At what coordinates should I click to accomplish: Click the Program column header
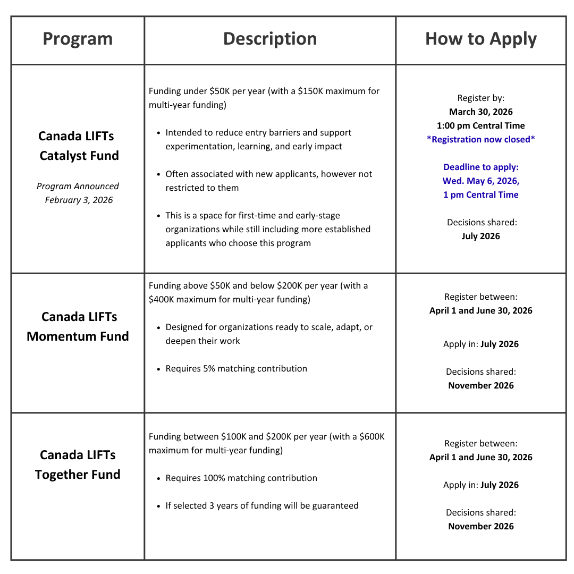(78, 39)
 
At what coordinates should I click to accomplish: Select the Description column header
(269, 39)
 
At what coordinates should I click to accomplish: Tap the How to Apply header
(480, 39)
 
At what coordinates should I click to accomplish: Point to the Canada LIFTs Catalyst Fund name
(78, 146)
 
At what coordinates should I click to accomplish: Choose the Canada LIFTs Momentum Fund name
(78, 326)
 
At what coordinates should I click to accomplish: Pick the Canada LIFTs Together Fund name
(78, 465)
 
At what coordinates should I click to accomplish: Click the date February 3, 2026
(79, 200)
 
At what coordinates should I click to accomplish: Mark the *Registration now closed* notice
(480, 139)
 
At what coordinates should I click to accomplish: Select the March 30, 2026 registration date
(480, 112)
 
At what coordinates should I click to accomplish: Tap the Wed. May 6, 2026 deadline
(480, 181)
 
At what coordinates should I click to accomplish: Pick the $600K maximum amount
(372, 436)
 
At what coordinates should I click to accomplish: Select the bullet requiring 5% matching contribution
(236, 368)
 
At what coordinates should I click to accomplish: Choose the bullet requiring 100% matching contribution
(241, 478)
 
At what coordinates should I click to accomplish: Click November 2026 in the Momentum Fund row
(480, 385)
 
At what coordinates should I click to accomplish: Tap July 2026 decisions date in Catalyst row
(480, 236)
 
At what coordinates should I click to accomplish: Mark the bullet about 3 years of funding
(261, 505)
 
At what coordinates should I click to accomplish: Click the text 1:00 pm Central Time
(480, 125)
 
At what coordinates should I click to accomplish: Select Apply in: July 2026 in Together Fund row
(480, 485)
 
